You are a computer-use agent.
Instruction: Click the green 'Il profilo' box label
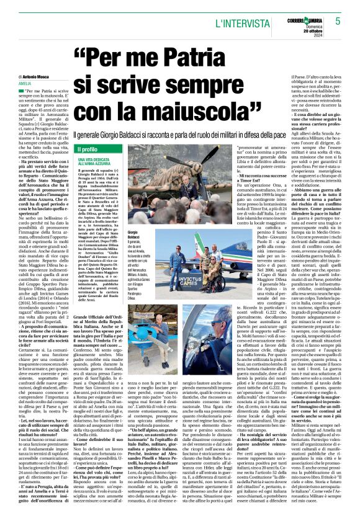click(x=88, y=149)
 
